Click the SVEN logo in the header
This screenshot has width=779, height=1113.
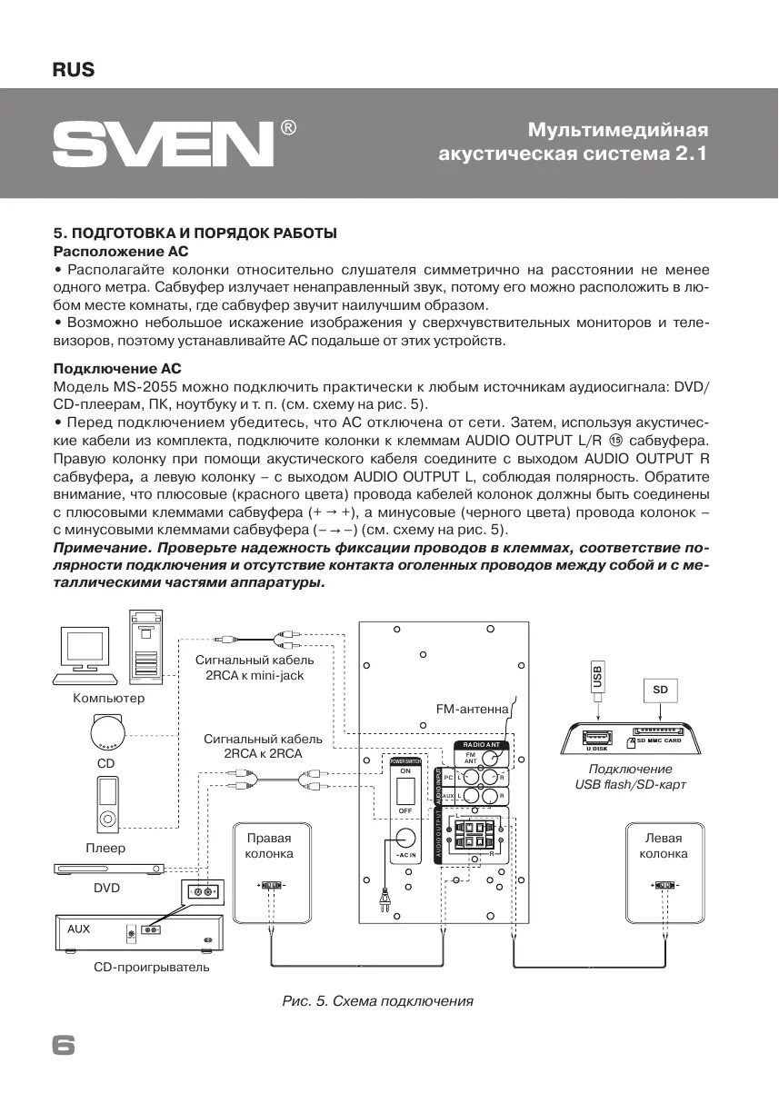pos(164,144)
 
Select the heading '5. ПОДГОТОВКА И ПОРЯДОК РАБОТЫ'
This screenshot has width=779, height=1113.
pos(195,234)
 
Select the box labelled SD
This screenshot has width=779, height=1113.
pos(660,691)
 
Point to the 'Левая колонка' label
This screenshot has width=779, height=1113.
pos(663,846)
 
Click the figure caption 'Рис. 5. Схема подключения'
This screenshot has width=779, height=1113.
pos(378,1001)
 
